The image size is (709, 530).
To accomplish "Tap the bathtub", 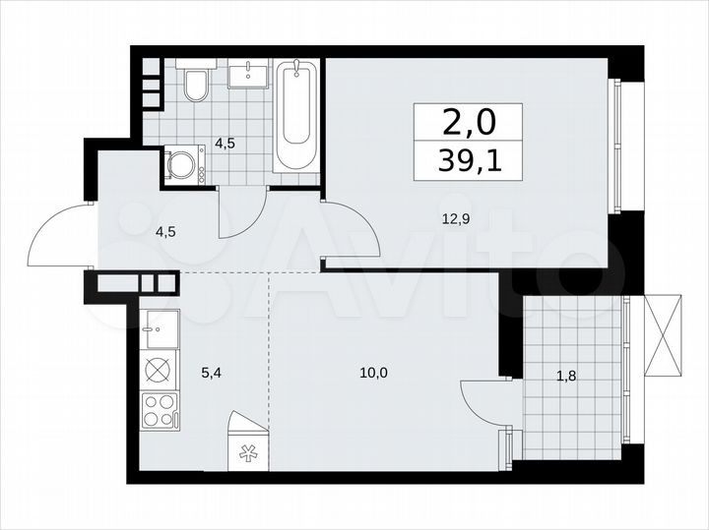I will pos(295,115).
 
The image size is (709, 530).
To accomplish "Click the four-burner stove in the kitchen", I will pos(159,408).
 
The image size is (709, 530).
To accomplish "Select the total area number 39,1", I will pos(470,160).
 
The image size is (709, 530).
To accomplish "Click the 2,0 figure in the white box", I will pos(470,123).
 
